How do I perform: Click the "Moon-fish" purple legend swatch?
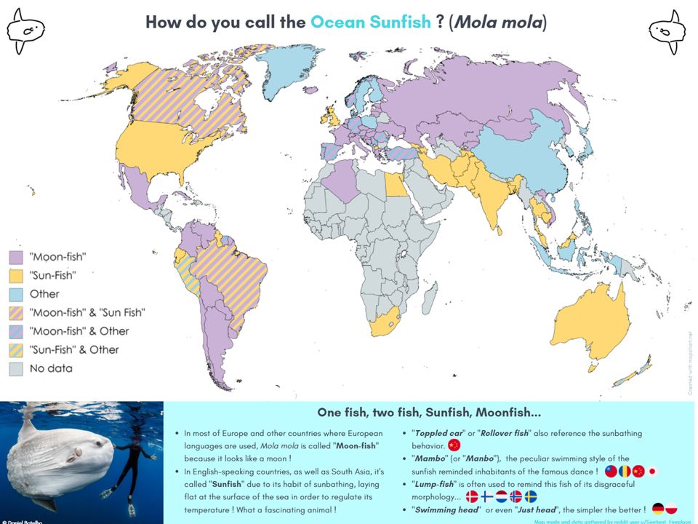(x=16, y=257)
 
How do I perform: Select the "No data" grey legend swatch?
(x=16, y=368)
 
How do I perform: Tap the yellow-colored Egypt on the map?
(x=396, y=186)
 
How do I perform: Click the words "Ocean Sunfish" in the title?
(x=371, y=22)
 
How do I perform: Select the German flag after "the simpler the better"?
(x=658, y=509)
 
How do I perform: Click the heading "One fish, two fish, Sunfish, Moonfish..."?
(x=430, y=412)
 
